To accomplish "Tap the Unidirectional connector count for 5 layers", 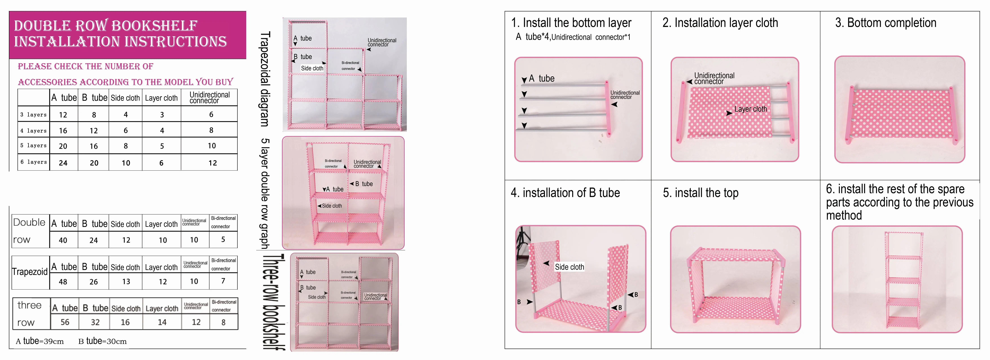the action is pyautogui.click(x=212, y=146).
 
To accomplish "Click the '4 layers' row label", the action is pyautogui.click(x=33, y=131).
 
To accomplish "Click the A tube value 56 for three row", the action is pyautogui.click(x=65, y=322).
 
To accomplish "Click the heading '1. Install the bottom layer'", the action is pyautogui.click(x=571, y=23).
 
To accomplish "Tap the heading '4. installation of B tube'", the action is pyautogui.click(x=565, y=193).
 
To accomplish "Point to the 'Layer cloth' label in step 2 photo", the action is pyautogui.click(x=750, y=109).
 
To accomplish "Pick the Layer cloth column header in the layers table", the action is pyautogui.click(x=161, y=98).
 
